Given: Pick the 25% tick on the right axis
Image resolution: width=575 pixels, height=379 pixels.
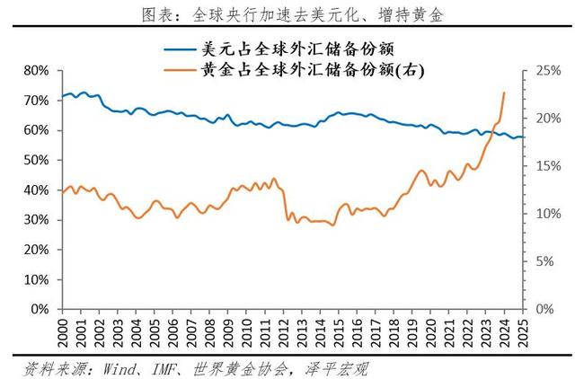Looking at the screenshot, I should [x=548, y=70].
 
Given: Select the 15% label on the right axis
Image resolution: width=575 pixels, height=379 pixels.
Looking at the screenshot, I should [x=548, y=166].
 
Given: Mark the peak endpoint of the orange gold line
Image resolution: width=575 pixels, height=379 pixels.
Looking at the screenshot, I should [x=504, y=93].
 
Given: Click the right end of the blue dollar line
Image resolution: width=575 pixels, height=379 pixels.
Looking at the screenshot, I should [x=524, y=137].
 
